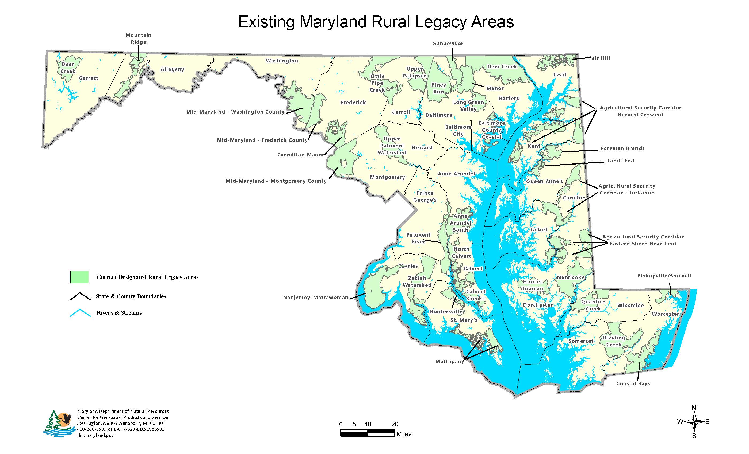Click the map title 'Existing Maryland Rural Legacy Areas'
pos(376,22)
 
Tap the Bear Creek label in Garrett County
pos(68,68)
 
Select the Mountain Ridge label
pos(138,38)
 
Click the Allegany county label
pos(172,69)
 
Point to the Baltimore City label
pos(458,130)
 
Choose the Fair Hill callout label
pos(599,58)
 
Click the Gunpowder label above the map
pos(448,43)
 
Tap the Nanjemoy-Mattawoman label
pos(316,298)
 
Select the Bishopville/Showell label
pos(664,276)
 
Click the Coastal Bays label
pos(633,383)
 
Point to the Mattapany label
pos(449,361)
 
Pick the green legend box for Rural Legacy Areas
pos(79,277)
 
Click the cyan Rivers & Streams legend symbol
pos(80,313)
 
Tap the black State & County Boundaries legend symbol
pos(80,296)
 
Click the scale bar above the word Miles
pos(368,433)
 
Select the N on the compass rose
pos(694,408)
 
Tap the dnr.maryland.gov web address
pos(95,435)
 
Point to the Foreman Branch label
pos(622,148)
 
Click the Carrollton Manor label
pos(301,155)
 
